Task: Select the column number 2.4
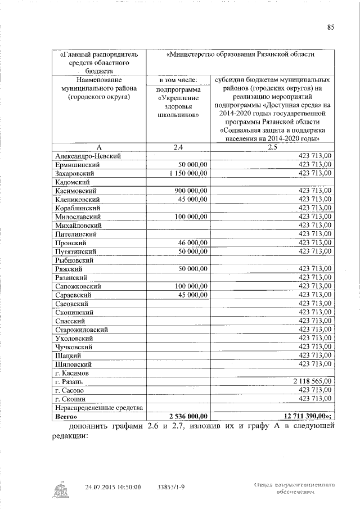(178, 147)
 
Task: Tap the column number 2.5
(273, 147)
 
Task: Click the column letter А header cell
(99, 147)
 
